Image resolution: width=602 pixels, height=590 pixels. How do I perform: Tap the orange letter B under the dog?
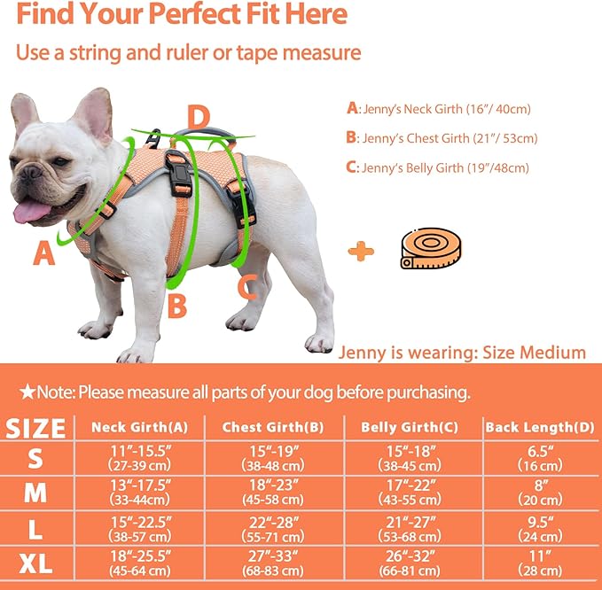coord(177,305)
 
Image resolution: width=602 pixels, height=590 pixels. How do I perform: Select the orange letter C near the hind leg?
coord(248,285)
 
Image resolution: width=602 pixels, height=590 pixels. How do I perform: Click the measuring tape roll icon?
coord(433,251)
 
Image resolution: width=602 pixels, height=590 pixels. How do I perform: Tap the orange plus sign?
coord(360,252)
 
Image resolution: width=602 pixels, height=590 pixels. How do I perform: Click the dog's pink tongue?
coord(33,210)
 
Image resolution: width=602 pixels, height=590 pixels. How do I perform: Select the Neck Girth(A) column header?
coord(140,427)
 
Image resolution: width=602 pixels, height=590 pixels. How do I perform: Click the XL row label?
coord(34,562)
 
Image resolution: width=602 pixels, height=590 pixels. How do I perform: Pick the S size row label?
coord(34,459)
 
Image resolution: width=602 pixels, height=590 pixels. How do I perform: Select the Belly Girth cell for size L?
coord(410,527)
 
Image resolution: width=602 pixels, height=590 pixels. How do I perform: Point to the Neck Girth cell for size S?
coord(140,459)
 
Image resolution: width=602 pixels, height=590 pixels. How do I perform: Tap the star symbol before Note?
coord(27,391)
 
